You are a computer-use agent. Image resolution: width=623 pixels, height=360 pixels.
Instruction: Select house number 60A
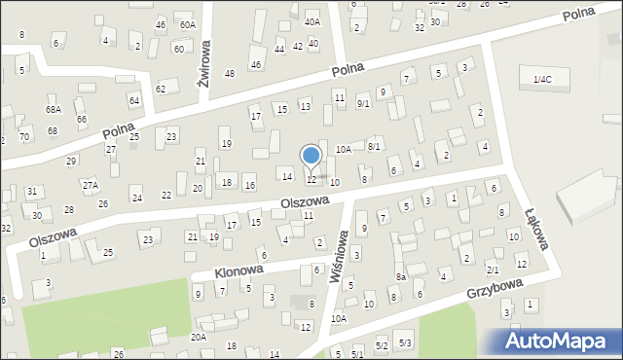pyautogui.click(x=187, y=24)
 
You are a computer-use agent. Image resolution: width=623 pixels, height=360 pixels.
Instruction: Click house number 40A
pyautogui.click(x=311, y=21)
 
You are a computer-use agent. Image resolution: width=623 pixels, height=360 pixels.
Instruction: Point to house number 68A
pyautogui.click(x=54, y=110)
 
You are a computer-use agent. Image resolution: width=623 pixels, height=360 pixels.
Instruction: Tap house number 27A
pyautogui.click(x=90, y=185)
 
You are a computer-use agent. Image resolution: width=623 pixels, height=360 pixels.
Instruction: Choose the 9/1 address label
pyautogui.click(x=363, y=103)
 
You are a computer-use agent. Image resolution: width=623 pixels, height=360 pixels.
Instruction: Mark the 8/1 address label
pyautogui.click(x=374, y=146)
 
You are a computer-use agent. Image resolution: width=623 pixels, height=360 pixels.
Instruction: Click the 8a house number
pyautogui.click(x=400, y=277)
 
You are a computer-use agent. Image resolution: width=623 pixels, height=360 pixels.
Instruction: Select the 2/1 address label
pyautogui.click(x=493, y=270)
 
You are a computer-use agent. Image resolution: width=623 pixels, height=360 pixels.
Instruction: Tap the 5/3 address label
pyautogui.click(x=406, y=343)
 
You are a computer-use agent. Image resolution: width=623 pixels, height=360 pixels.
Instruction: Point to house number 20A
pyautogui.click(x=198, y=337)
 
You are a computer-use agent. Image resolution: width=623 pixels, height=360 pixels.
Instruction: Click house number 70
pyautogui.click(x=23, y=136)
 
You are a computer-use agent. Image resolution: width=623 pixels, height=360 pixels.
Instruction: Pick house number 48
pyautogui.click(x=230, y=74)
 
